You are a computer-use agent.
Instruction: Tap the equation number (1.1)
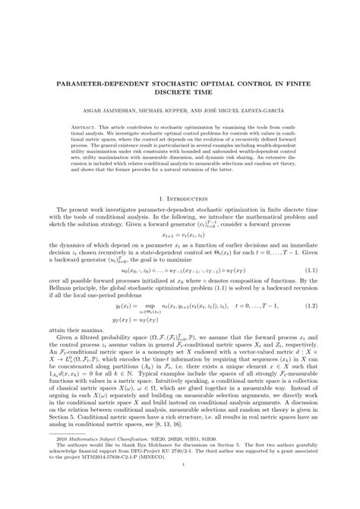click(317, 269)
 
